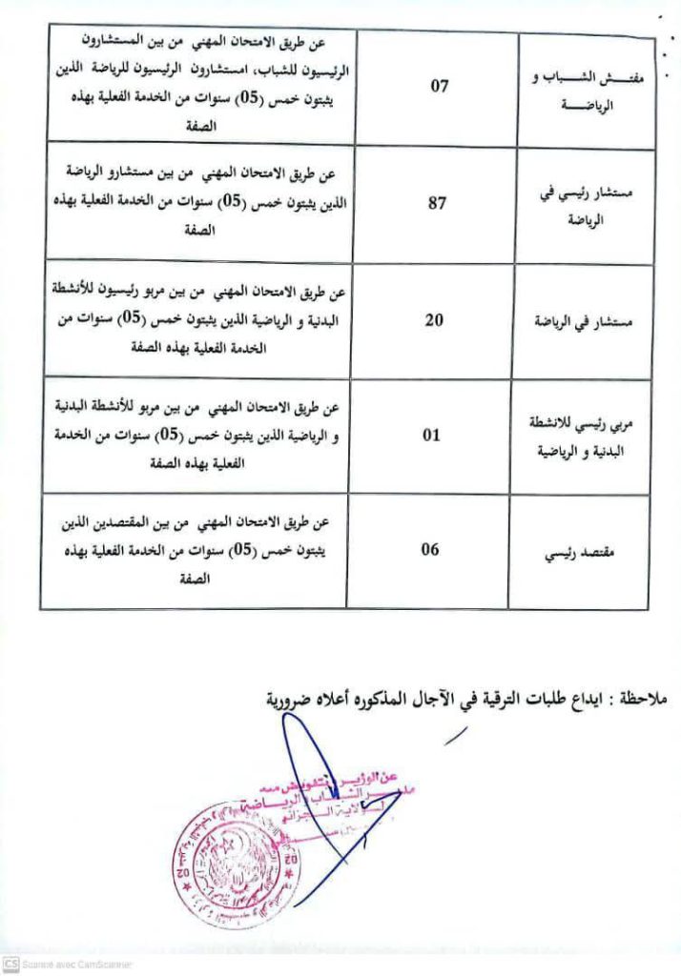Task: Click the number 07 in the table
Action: (439, 87)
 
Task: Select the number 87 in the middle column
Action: (437, 203)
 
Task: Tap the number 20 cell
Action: (433, 319)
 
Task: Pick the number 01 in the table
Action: (432, 436)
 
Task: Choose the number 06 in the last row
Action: (432, 548)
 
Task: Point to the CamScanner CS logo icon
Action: (10, 965)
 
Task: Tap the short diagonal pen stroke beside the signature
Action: (457, 735)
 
